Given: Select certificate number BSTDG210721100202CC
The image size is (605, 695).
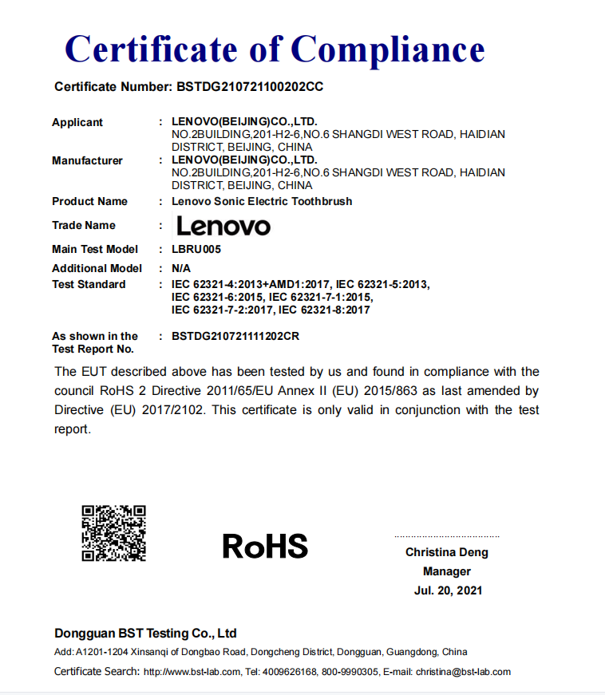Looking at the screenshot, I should click(248, 86).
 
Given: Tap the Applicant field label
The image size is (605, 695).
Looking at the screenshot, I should click(77, 122).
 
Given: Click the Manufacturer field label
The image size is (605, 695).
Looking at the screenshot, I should click(87, 160).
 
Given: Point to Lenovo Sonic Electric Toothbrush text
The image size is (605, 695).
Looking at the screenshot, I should click(262, 201).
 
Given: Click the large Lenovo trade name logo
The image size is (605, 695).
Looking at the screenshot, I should click(223, 226).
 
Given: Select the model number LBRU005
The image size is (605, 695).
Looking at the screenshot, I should click(196, 249).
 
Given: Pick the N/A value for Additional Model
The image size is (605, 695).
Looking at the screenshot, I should click(181, 268).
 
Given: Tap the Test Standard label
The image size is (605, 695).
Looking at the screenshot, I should click(89, 284).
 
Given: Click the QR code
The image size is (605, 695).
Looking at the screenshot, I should click(114, 533).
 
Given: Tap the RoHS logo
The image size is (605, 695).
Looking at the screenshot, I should click(265, 546).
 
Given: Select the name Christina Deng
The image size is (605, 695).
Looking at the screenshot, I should click(446, 552).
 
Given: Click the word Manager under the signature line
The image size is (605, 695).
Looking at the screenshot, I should click(447, 571).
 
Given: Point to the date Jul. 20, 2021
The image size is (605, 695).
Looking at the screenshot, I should click(448, 590).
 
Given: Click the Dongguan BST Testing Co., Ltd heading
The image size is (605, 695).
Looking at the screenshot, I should click(145, 634).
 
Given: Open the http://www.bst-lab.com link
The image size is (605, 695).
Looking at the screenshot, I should click(192, 672).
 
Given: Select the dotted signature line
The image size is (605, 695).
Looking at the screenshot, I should click(446, 536).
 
